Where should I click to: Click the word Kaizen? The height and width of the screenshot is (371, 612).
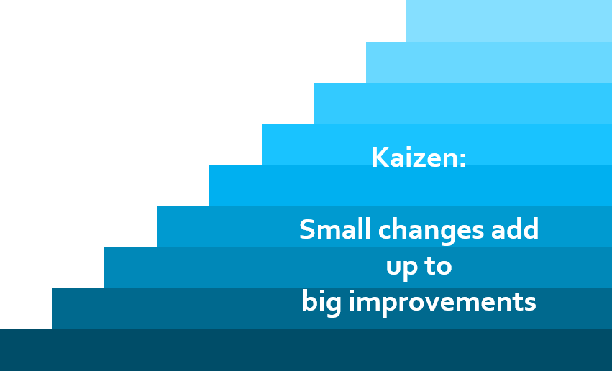(415, 157)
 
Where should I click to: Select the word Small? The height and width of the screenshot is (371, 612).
(334, 229)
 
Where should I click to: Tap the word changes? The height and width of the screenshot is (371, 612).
(431, 231)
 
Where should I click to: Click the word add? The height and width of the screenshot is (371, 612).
(515, 229)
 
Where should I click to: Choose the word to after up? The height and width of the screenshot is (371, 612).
(438, 266)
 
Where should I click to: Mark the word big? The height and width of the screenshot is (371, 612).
(321, 303)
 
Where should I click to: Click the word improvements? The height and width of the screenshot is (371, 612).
(442, 303)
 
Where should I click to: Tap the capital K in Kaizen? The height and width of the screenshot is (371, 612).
(379, 157)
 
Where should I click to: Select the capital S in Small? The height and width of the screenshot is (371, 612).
(306, 229)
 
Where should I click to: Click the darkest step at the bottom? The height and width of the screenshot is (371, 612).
(306, 350)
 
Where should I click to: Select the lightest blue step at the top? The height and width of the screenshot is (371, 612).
(509, 21)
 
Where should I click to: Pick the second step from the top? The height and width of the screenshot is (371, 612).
(489, 62)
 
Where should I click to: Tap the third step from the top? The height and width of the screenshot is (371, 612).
(462, 103)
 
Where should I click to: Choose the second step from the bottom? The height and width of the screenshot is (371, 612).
(332, 308)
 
